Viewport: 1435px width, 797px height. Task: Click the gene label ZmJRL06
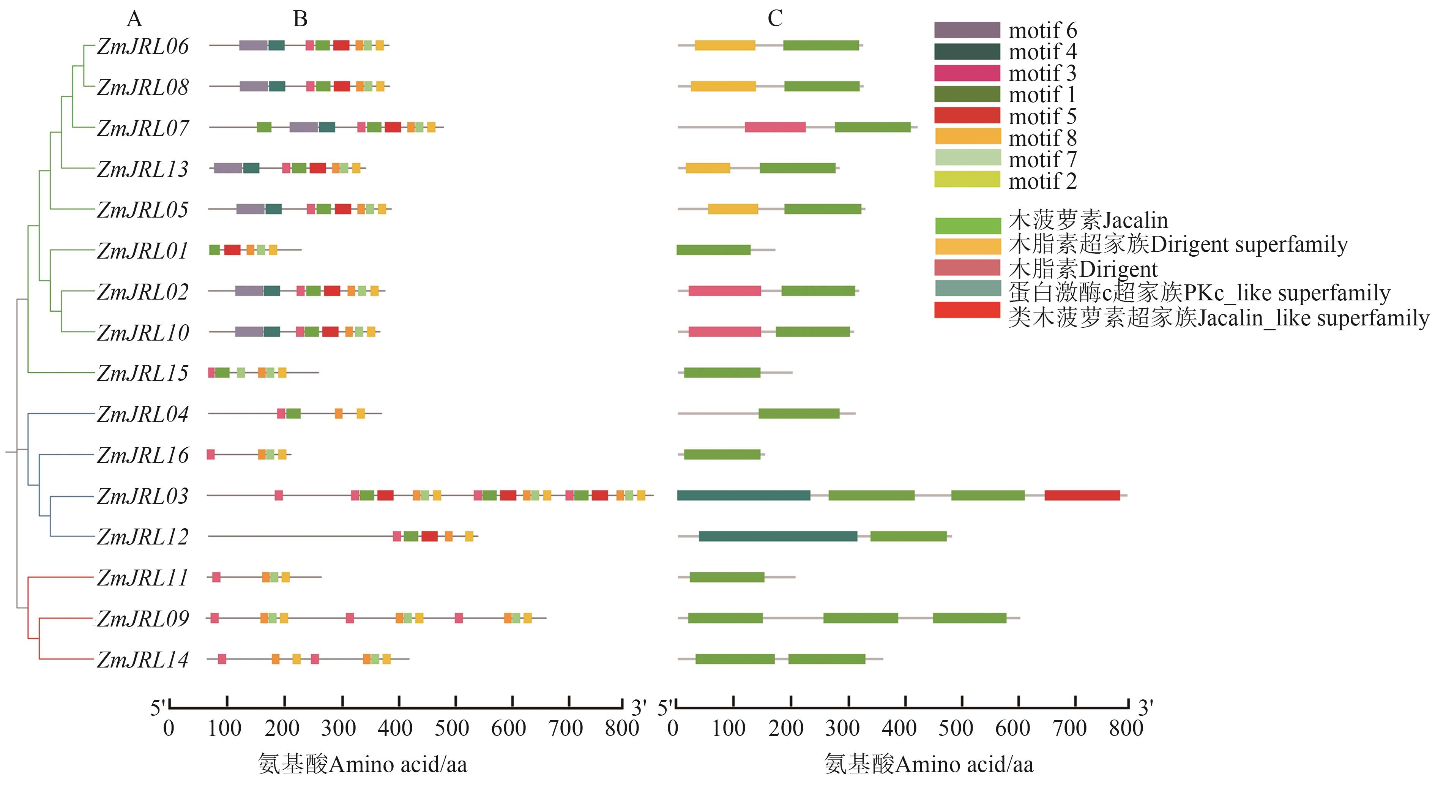143,46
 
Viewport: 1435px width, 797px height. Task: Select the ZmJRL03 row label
143,496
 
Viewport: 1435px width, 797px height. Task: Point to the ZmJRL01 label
143,251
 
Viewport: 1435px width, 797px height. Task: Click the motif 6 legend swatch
967,30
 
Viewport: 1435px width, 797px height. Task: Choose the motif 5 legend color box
967,116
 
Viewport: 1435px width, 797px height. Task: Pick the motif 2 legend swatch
967,180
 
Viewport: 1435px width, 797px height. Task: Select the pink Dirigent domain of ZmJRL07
775,128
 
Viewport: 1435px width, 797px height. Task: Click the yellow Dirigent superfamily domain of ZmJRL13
708,168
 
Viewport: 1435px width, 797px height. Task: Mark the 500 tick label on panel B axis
452,728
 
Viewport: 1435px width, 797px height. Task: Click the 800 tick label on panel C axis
1126,728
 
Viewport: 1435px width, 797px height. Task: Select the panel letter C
775,19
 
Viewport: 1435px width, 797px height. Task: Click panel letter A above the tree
134,19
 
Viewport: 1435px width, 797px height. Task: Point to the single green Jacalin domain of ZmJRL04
799,413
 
